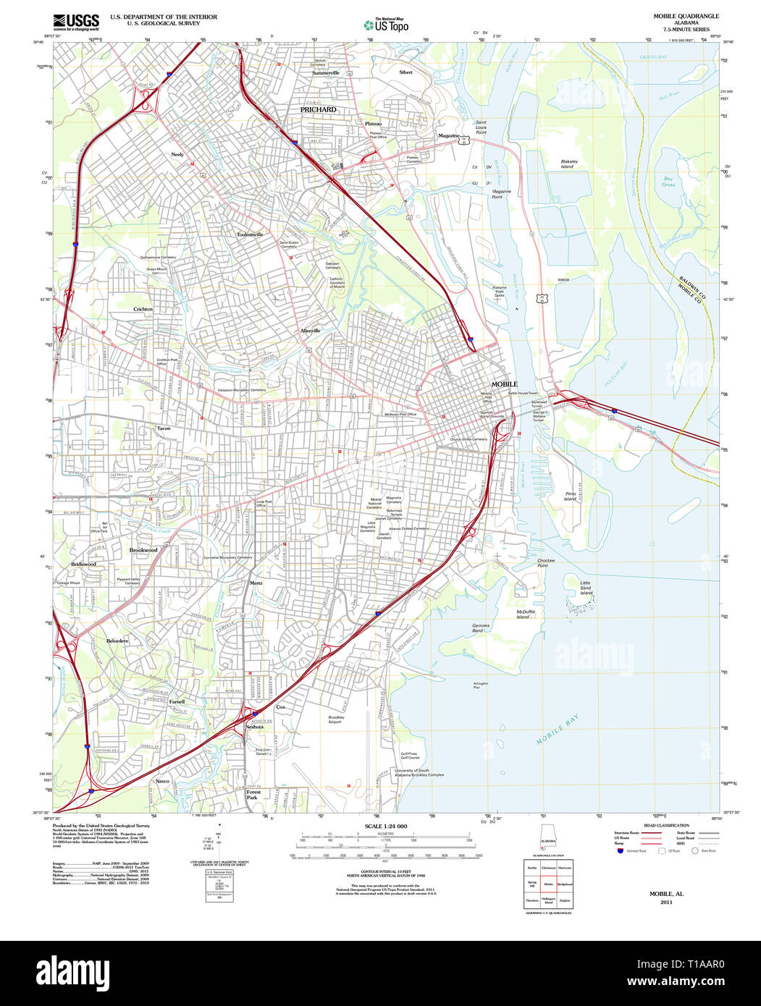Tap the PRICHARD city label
pyautogui.click(x=319, y=110)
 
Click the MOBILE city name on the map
pyautogui.click(x=505, y=384)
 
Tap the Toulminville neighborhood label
pyautogui.click(x=250, y=234)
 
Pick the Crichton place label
pyautogui.click(x=143, y=309)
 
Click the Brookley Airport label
pyautogui.click(x=335, y=719)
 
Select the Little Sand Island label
pyautogui.click(x=586, y=587)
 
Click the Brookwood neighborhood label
pyautogui.click(x=143, y=550)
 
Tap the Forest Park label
pyautogui.click(x=253, y=795)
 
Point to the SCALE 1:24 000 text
pyautogui.click(x=386, y=826)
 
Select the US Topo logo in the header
pyautogui.click(x=386, y=25)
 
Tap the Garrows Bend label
pyautogui.click(x=481, y=628)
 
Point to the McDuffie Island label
pyautogui.click(x=526, y=614)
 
